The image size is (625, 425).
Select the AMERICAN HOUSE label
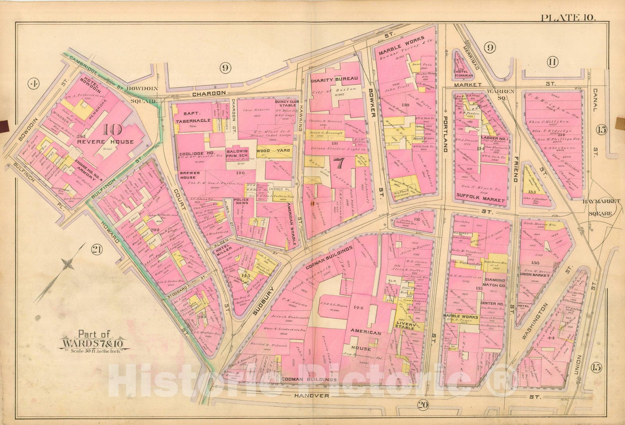click(365, 340)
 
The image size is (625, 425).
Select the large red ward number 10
click(112, 130)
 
